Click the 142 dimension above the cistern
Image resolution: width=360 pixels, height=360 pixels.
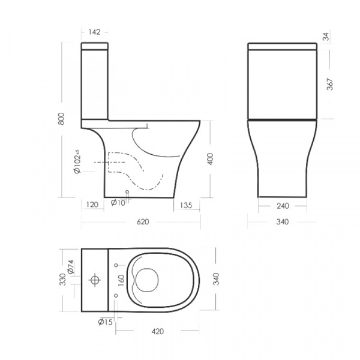pyautogui.click(x=94, y=32)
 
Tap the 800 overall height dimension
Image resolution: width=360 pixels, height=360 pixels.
pyautogui.click(x=61, y=118)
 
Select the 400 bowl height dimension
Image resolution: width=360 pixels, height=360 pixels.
pyautogui.click(x=210, y=159)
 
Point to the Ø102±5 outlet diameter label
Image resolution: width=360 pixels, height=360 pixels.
pyautogui.click(x=77, y=161)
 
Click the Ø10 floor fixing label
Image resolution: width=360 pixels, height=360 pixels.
pyautogui.click(x=118, y=203)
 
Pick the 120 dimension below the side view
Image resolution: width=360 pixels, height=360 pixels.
pyautogui.click(x=92, y=205)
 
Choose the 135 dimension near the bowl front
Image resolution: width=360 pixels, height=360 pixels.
pyautogui.click(x=186, y=205)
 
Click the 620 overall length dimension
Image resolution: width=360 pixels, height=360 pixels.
pyautogui.click(x=143, y=222)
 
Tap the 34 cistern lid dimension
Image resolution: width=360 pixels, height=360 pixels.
pyautogui.click(x=326, y=37)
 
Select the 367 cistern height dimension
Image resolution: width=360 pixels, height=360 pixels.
pyautogui.click(x=329, y=84)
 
